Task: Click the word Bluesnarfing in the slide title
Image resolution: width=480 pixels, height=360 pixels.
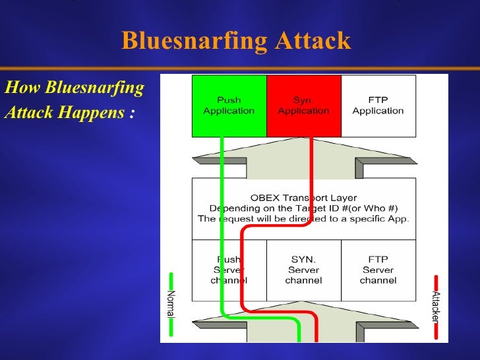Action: coord(194,41)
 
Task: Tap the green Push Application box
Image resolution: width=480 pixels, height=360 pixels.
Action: coord(229,105)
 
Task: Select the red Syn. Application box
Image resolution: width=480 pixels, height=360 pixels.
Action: coord(303,105)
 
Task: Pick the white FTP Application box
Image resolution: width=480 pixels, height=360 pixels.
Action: coord(378,105)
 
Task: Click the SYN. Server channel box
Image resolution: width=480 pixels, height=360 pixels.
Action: coord(303,270)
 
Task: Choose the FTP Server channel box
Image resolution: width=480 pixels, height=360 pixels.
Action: coord(378,270)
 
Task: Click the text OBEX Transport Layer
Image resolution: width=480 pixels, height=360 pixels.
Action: coord(303,198)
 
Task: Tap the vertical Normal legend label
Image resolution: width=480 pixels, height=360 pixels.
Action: coord(170,304)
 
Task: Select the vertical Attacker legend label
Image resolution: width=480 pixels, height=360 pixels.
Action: coord(436,306)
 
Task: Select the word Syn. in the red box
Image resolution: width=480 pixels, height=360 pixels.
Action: coord(303,100)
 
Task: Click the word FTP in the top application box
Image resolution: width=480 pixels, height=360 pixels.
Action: coord(378,100)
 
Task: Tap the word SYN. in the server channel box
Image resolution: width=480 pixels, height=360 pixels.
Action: coord(303,260)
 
